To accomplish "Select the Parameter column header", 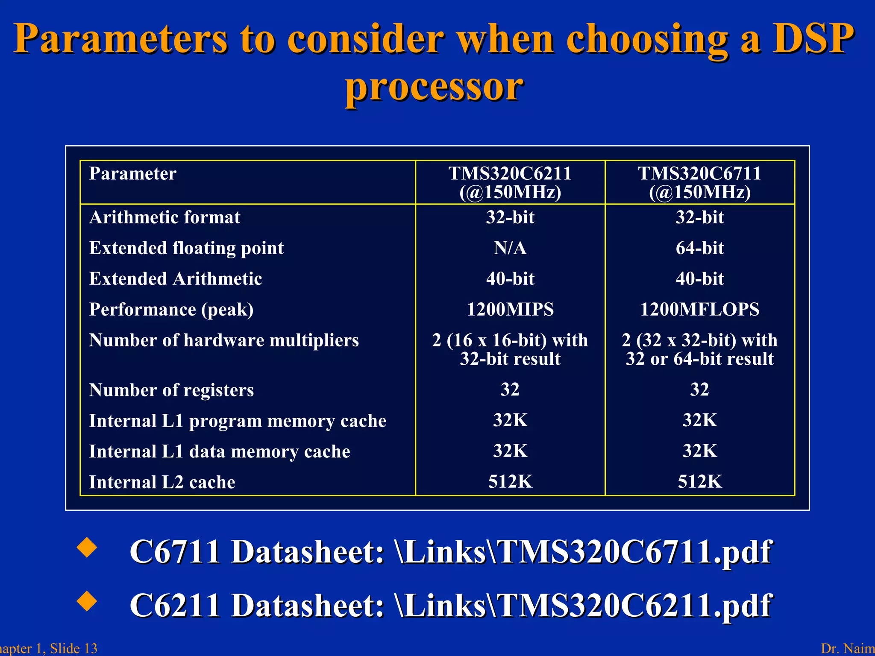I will coord(132,174).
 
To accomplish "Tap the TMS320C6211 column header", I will coord(510,182).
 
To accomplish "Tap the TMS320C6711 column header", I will coord(699,182).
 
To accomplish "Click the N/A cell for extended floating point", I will coord(510,248).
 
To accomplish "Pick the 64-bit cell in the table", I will coord(699,248).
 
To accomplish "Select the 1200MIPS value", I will coord(510,309).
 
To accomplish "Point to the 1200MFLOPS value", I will coord(699,309).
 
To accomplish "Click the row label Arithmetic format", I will coord(164,217).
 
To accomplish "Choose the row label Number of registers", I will coord(171,390).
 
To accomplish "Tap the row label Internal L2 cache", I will coord(162,482).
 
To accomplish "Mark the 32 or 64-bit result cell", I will coord(699,359).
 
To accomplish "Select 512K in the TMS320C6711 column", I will coord(699,482).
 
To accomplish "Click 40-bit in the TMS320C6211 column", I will coord(510,279).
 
